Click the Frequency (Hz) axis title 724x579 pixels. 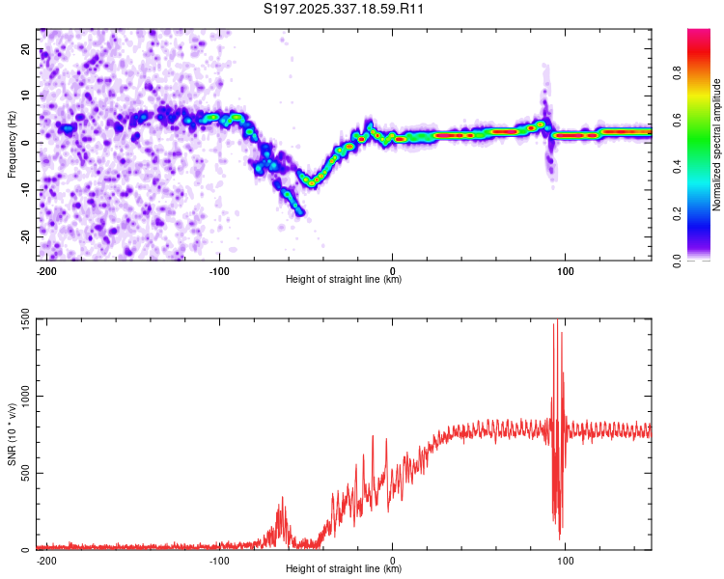point(12,144)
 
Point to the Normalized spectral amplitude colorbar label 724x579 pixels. point(717,145)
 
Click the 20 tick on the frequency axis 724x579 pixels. point(27,48)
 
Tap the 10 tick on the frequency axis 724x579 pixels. point(27,96)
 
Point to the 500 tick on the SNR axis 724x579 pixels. point(25,473)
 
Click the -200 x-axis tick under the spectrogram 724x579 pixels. point(44,271)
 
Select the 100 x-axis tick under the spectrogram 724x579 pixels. point(565,271)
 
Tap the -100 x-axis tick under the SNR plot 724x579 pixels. point(218,560)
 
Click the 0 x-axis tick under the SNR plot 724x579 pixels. point(393,560)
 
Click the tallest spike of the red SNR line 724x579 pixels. point(554,324)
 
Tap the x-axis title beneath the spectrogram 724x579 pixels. point(344,280)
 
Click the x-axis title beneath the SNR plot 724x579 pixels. point(344,569)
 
